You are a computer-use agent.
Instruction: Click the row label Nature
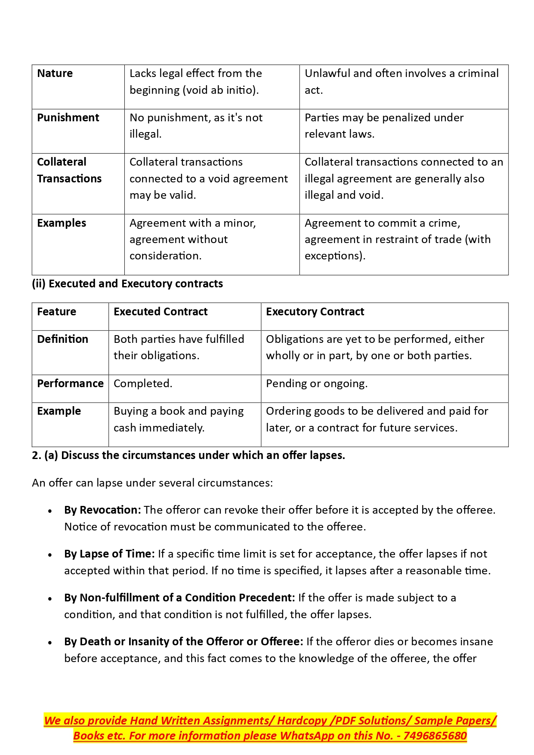tap(55, 74)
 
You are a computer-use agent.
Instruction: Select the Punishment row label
tap(68, 118)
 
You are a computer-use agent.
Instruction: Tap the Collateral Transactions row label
tap(69, 170)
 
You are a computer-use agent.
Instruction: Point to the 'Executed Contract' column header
tap(161, 312)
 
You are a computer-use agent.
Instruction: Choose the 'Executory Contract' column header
tap(315, 312)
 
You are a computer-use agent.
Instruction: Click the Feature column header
tap(56, 312)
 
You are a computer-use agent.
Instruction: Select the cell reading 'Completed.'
tap(143, 384)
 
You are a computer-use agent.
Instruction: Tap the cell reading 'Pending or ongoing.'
tap(317, 384)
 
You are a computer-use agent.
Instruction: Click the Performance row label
tap(70, 384)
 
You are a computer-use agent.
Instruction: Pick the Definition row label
tap(62, 339)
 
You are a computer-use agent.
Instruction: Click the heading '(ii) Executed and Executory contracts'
tap(127, 284)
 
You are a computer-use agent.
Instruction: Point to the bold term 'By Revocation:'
tap(102, 510)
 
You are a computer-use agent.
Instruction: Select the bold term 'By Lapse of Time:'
tap(109, 554)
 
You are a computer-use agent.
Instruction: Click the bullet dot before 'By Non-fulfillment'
tap(50, 599)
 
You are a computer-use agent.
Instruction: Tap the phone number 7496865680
tap(435, 736)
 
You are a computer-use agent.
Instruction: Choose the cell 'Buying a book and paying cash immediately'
tap(179, 419)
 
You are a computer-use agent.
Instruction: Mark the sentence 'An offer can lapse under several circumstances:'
tap(152, 483)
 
